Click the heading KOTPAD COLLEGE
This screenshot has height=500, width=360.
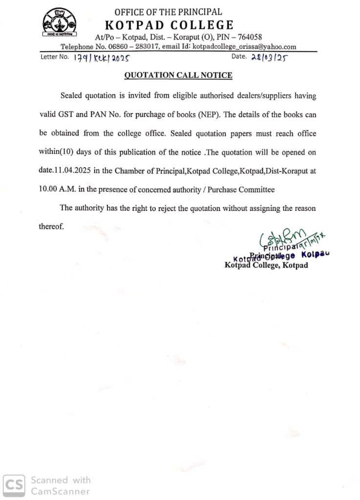[x=169, y=25]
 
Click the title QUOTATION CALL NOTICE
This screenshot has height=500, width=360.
[x=178, y=75]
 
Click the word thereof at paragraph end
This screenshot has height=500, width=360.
[x=51, y=227]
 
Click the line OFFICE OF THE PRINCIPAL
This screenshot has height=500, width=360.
[x=168, y=12]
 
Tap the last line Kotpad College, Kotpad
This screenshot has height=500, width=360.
[x=266, y=265]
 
